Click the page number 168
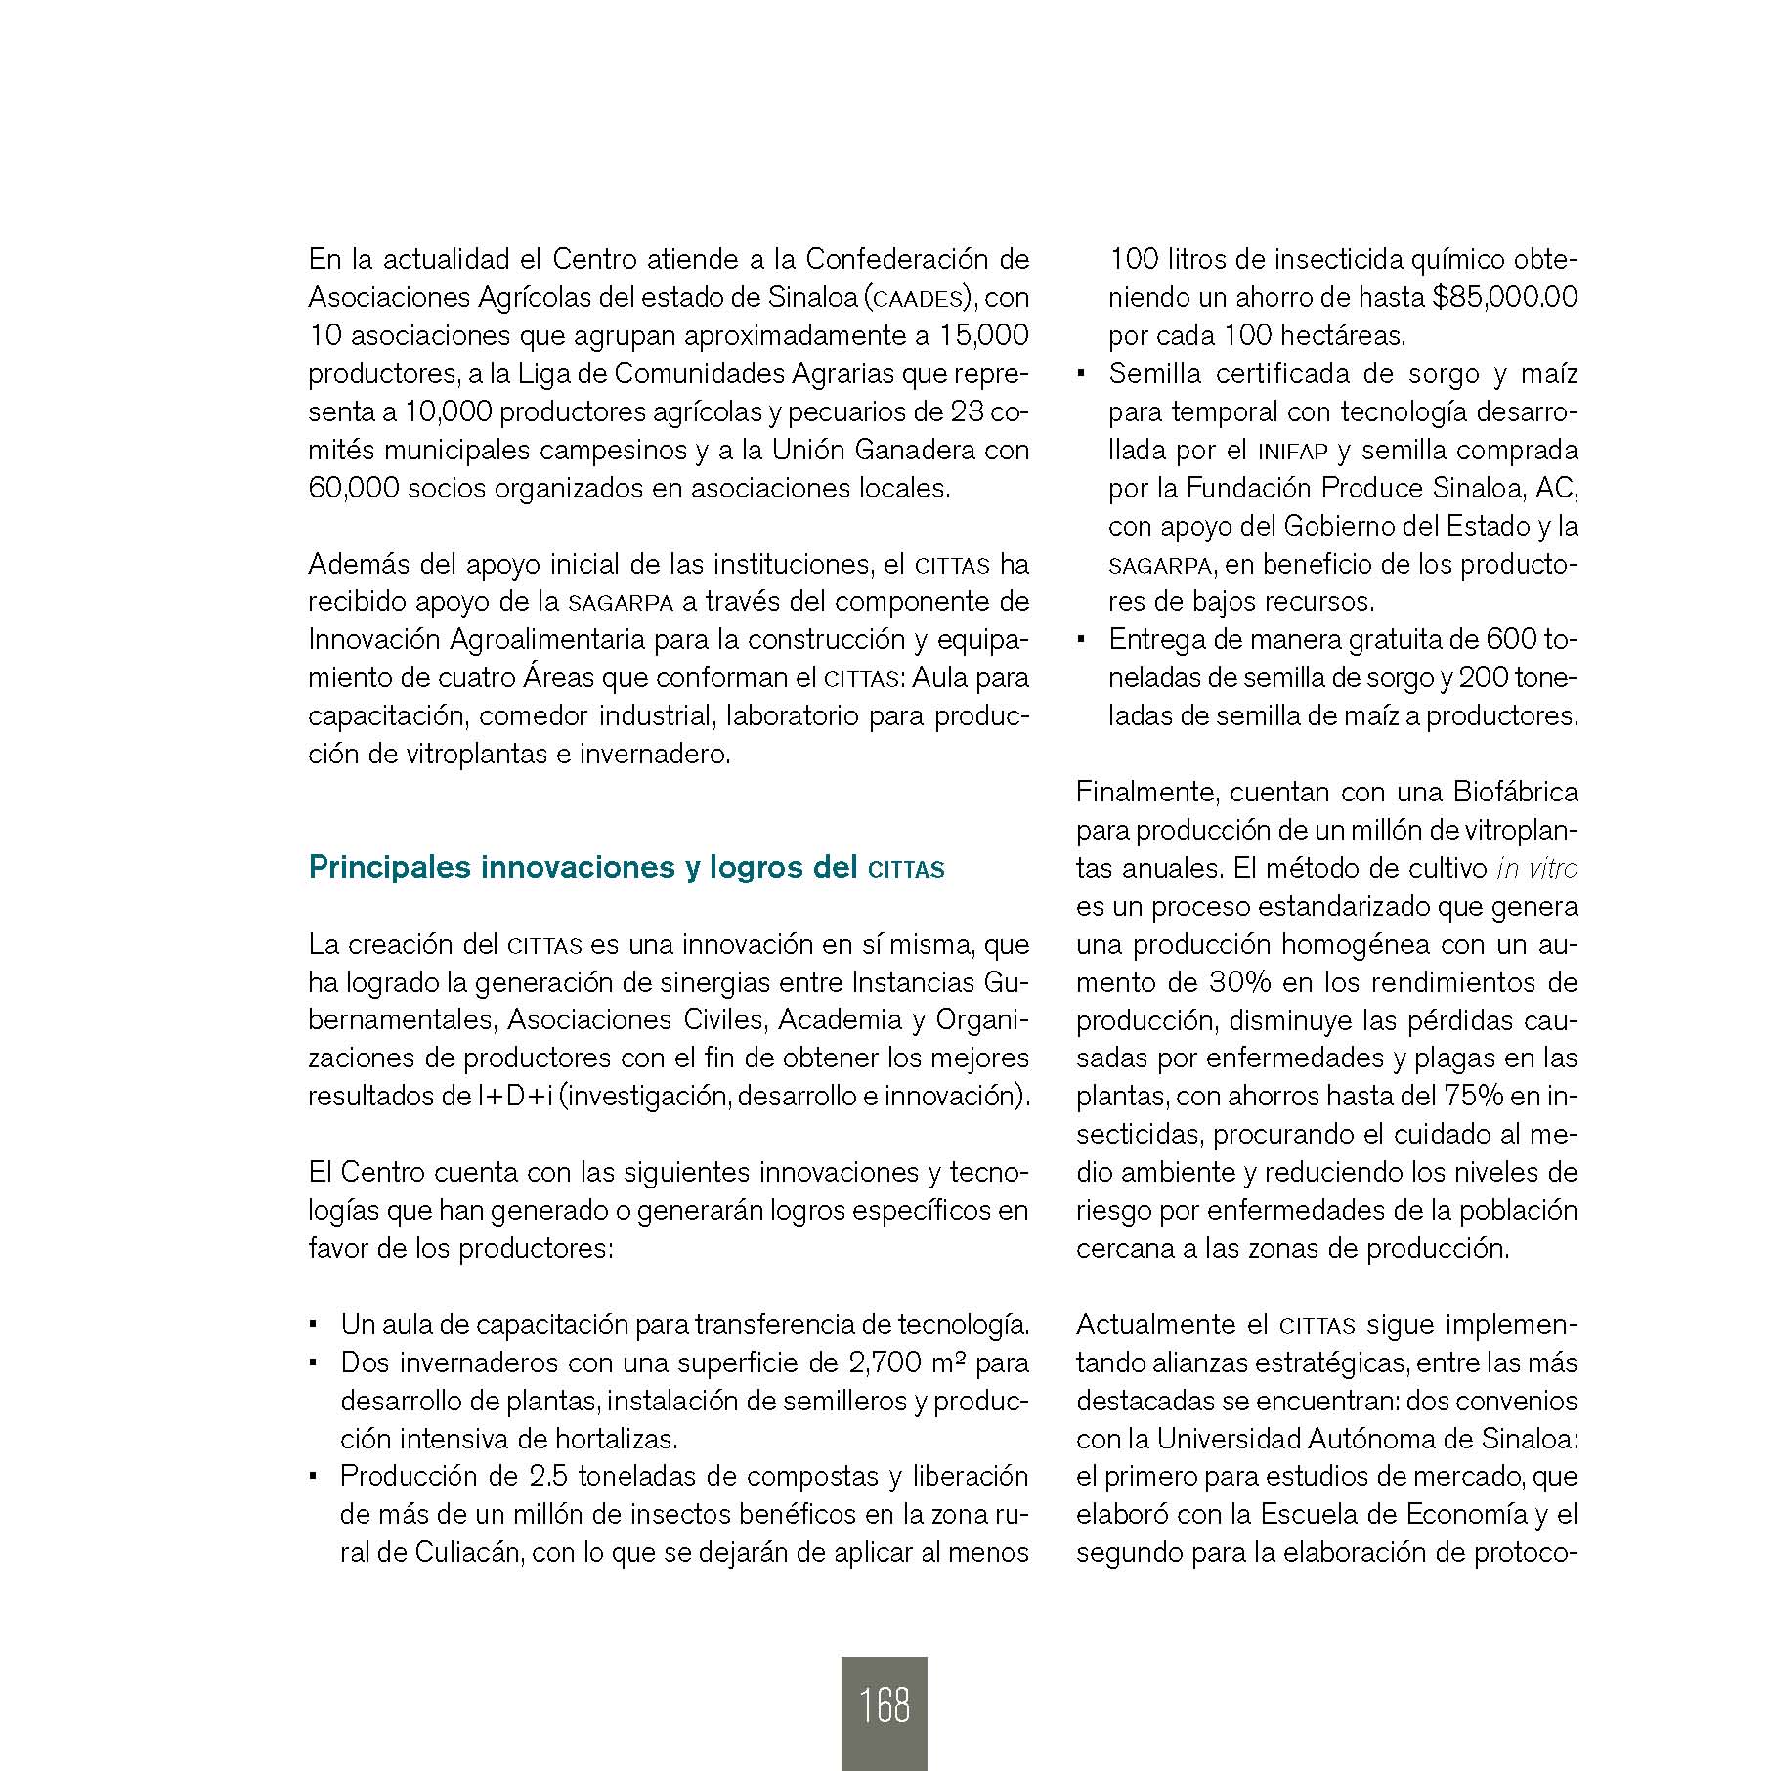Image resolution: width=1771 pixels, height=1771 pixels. [884, 1706]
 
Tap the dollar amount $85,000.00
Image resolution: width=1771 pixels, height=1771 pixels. [1505, 297]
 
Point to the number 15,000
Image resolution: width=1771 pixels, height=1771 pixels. [983, 335]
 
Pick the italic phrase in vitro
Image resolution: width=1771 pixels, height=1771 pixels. [1536, 868]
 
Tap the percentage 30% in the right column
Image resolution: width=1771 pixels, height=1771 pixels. [1240, 982]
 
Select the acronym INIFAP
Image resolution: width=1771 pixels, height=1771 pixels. [1292, 452]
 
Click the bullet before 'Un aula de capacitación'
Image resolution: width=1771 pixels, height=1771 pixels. [313, 1326]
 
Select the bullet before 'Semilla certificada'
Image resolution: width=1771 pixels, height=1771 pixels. [1081, 375]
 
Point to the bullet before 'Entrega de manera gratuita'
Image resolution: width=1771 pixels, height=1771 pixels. [1081, 641]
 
